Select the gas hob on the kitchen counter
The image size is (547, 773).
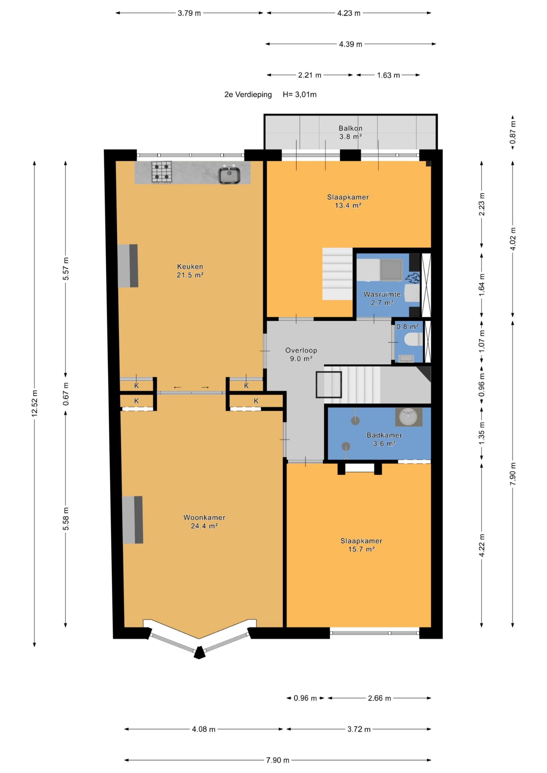pos(162,172)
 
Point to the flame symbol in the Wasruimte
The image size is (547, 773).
pos(413,278)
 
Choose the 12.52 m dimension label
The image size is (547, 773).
pos(34,403)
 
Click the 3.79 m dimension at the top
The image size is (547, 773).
pos(189,13)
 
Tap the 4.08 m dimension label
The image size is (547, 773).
pos(204,729)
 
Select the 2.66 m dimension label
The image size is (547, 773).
pos(379,698)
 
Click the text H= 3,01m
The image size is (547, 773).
pos(300,94)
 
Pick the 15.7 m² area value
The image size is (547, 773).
pos(361,549)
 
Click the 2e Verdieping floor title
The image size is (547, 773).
pos(248,94)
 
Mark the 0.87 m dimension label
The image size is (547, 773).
pos(513,132)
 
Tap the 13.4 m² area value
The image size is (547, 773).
pos(348,205)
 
